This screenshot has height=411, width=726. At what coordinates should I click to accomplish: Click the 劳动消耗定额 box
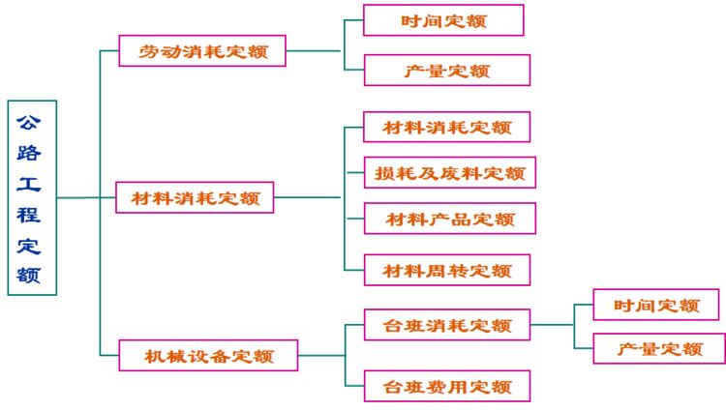(x=202, y=51)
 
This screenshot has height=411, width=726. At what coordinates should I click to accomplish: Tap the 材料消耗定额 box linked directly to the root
(x=195, y=198)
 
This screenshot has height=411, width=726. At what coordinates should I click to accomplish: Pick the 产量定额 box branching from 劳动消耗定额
(x=446, y=71)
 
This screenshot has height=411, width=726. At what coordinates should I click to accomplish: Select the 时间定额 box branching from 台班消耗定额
(x=655, y=306)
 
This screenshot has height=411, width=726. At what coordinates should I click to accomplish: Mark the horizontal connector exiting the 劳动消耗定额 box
(x=315, y=50)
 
